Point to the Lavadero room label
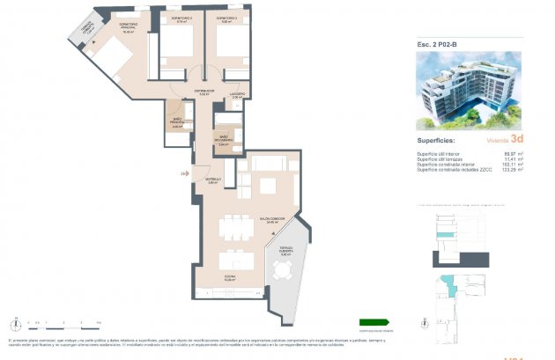pos(238,94)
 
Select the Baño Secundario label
pos(226,138)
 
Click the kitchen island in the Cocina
pos(233,261)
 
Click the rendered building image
pos(468,89)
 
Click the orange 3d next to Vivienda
pos(517,139)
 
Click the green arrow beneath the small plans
pos(374,322)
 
